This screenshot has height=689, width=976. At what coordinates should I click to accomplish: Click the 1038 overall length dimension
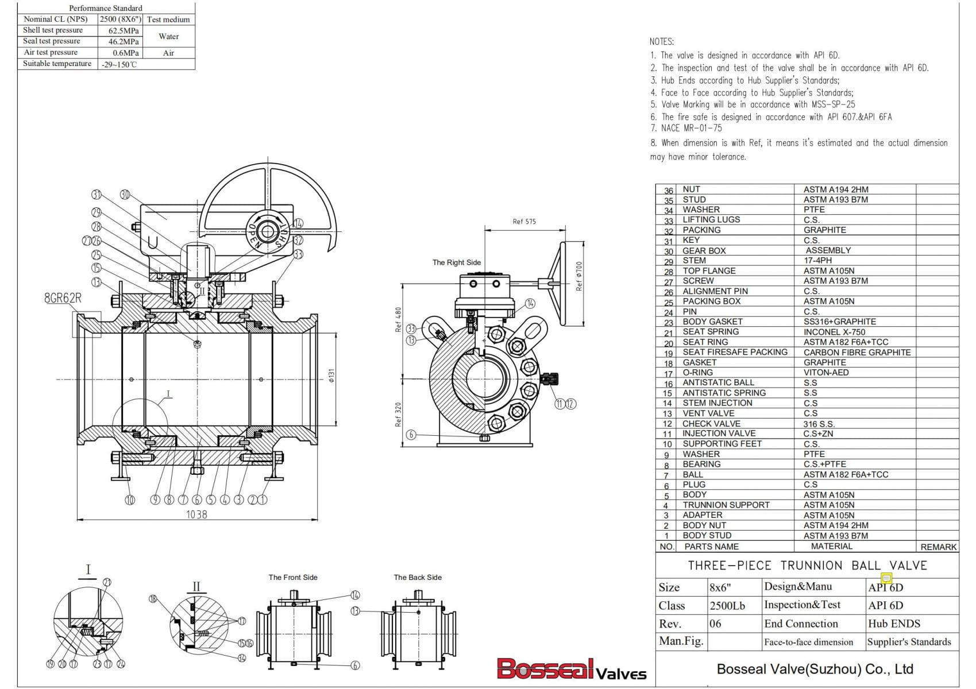tap(196, 514)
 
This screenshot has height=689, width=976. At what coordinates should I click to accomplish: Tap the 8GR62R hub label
tap(63, 299)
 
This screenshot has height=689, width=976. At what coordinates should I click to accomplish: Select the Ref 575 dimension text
tap(524, 222)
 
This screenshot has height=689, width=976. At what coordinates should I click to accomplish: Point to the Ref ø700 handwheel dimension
tap(579, 276)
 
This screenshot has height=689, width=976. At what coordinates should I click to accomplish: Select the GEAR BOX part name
tap(704, 251)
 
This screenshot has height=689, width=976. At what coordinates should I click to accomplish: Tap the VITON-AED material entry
tap(825, 373)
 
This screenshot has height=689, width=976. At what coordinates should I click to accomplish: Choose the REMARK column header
tap(938, 547)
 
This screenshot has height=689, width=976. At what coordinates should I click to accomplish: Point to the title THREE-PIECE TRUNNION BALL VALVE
tap(807, 566)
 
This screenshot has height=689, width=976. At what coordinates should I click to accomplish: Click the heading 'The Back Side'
tap(417, 578)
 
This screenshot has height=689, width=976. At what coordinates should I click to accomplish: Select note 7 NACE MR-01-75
tap(686, 129)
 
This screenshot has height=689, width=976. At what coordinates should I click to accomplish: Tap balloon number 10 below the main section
tap(130, 500)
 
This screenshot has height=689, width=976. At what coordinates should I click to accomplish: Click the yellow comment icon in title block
tap(886, 578)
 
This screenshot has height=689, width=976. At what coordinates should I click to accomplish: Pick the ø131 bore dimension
tap(331, 376)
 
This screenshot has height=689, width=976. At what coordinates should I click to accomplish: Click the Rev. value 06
tap(715, 624)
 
